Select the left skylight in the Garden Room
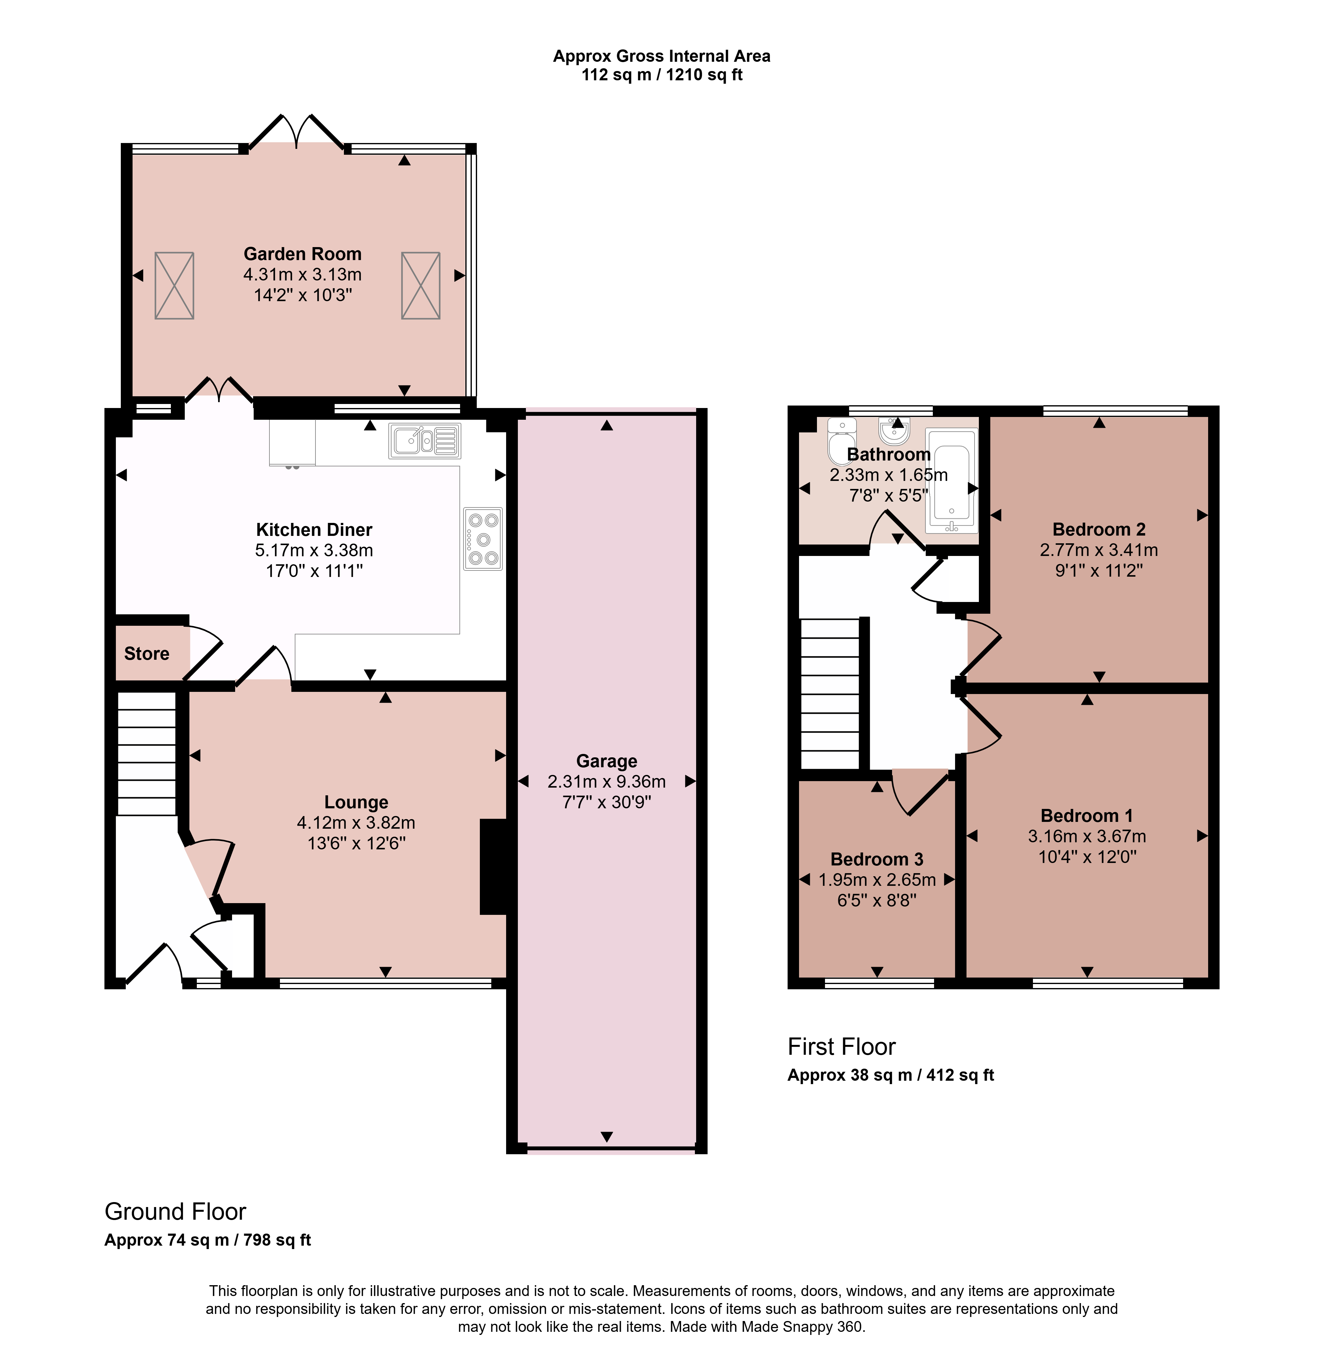(x=174, y=286)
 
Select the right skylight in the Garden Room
(x=421, y=286)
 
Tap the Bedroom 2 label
(x=1099, y=530)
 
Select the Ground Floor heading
(x=175, y=1212)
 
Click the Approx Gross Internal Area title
(x=662, y=56)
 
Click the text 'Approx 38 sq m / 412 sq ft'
(x=891, y=1075)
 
